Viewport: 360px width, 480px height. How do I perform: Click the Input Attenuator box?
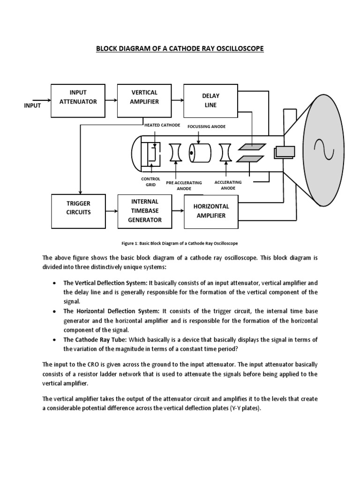point(78,101)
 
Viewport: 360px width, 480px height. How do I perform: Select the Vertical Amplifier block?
point(144,101)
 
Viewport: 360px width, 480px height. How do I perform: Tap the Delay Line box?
point(210,101)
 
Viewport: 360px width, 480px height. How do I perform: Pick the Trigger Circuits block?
point(78,208)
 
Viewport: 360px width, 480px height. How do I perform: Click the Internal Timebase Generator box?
point(144,210)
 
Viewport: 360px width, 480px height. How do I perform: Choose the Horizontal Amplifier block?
point(210,211)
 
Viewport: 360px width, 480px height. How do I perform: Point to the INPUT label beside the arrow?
point(32,105)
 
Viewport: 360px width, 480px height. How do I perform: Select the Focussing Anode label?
point(206,127)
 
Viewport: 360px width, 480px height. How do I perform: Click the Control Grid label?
point(150,182)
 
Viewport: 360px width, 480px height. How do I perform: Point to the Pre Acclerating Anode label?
point(184,186)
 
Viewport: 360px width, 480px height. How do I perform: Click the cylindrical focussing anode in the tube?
point(200,153)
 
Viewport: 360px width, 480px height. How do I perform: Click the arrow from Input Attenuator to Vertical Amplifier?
point(111,100)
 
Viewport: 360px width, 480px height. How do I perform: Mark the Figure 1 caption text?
point(180,243)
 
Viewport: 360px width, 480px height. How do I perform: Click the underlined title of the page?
point(180,49)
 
